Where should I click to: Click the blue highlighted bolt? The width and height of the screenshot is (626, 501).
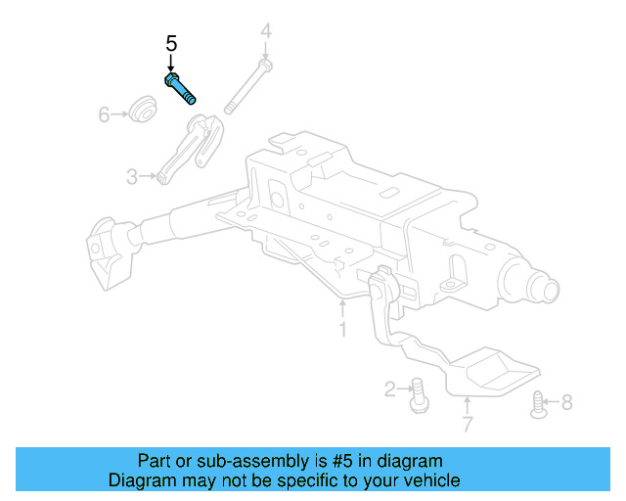click(179, 88)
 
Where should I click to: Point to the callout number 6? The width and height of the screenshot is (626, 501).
click(104, 115)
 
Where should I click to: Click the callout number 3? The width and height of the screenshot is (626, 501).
click(132, 176)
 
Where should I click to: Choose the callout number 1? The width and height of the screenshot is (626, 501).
click(342, 330)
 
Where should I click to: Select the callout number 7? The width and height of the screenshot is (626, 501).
click(467, 425)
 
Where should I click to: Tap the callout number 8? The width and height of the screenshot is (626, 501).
click(567, 401)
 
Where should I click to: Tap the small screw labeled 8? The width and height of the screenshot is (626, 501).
click(536, 402)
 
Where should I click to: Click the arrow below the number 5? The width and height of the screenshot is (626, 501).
click(171, 63)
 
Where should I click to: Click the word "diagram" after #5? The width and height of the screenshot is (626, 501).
click(410, 461)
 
